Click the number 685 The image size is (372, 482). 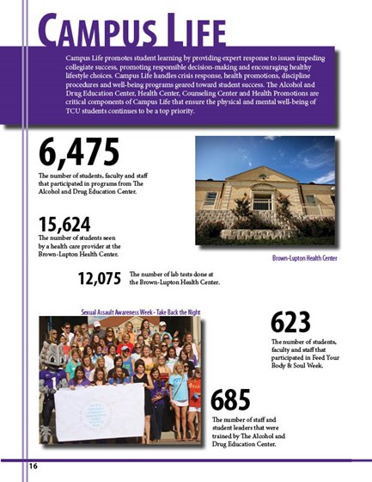tap(230, 400)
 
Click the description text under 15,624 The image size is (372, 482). tap(83, 248)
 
